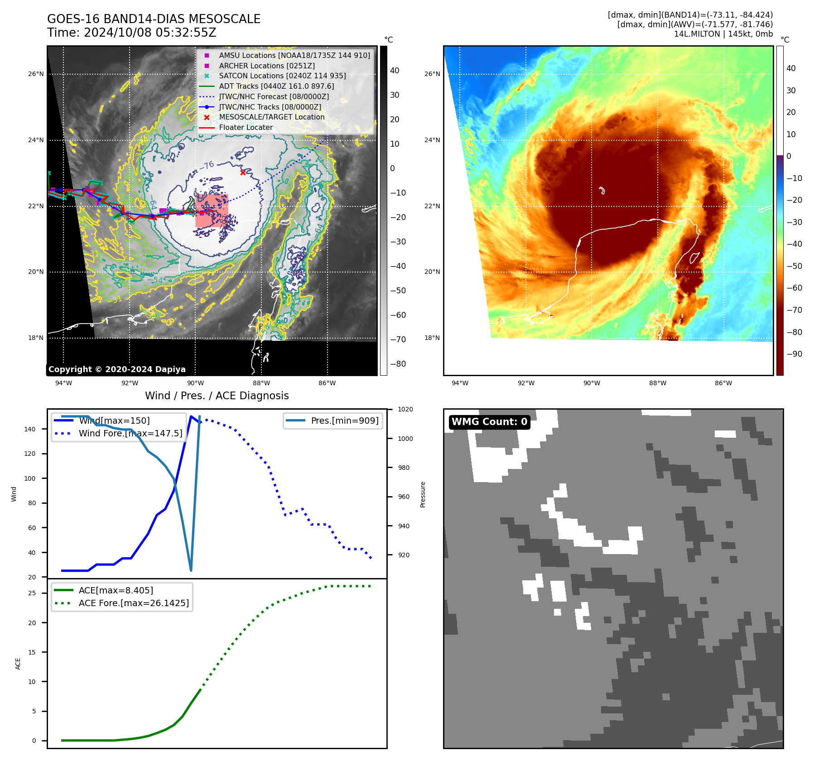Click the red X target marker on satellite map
(243, 172)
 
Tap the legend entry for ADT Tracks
(276, 86)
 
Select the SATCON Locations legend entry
(282, 76)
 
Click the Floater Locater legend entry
(246, 127)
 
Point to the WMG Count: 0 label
(489, 422)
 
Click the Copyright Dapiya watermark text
(117, 369)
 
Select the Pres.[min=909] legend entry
(345, 421)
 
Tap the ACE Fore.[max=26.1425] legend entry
(134, 603)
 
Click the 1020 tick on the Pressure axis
(405, 409)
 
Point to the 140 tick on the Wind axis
(30, 429)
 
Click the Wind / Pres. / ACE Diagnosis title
(217, 396)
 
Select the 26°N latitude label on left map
(36, 74)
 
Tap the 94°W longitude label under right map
(460, 383)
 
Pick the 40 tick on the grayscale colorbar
(395, 71)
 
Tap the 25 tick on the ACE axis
(32, 593)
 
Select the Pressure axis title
(423, 494)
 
